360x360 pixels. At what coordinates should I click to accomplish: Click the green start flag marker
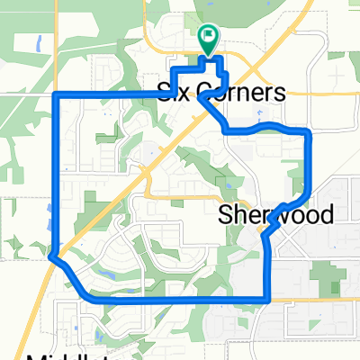(x=208, y=39)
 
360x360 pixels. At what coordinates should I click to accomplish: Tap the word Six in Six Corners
(x=175, y=92)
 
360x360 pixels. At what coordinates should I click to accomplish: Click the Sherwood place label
(x=276, y=215)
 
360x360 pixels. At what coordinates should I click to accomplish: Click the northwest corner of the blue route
(x=58, y=94)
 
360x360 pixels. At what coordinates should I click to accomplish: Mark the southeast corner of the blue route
(x=269, y=299)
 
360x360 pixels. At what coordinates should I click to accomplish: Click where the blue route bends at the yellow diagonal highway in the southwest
(x=51, y=256)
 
